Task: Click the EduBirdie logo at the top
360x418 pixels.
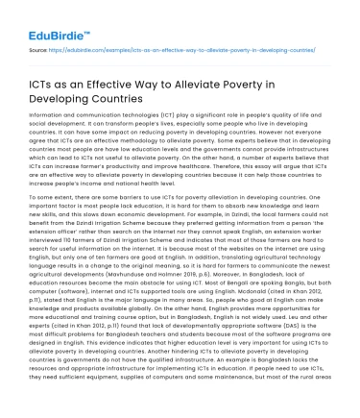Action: (53, 21)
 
